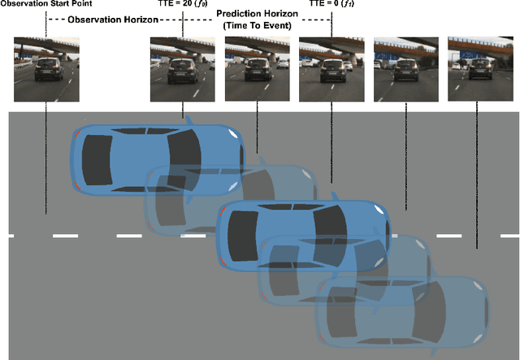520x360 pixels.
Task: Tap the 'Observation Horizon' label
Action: [102, 19]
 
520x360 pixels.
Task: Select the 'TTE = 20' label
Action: [181, 5]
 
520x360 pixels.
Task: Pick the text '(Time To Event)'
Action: [257, 26]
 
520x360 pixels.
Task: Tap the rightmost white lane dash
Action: [499, 236]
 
